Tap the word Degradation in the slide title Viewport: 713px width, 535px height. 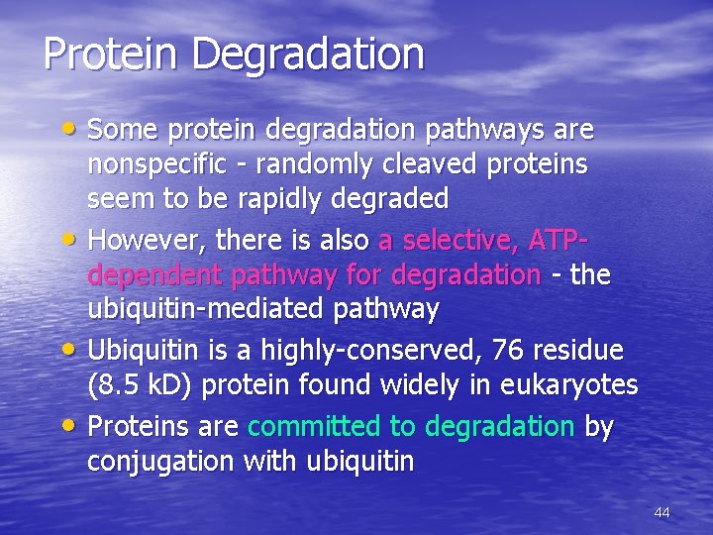(309, 55)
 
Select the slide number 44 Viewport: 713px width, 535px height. (662, 512)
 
